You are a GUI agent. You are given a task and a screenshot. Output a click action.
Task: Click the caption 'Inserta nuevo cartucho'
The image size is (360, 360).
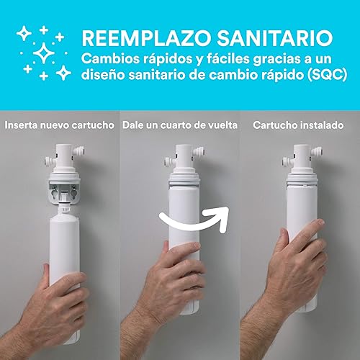coord(60,125)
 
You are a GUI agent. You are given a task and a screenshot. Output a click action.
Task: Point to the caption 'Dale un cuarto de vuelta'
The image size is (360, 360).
coord(179,125)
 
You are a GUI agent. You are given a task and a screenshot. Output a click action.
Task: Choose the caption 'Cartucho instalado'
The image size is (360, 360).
coord(297,125)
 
